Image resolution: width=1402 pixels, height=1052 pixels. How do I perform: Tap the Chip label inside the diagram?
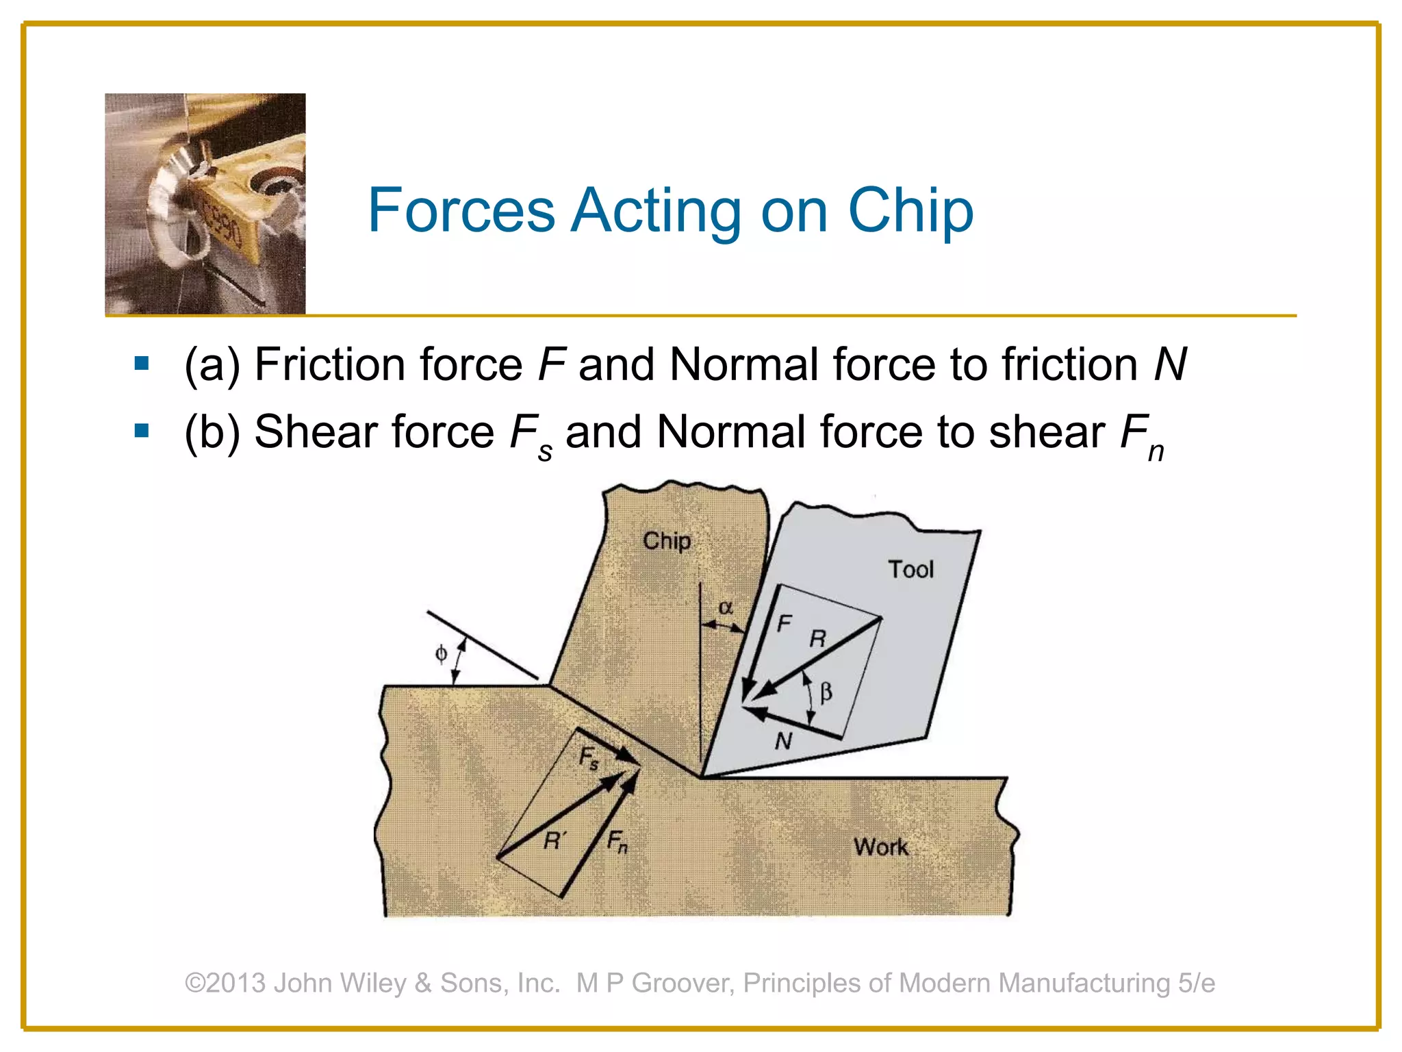click(666, 542)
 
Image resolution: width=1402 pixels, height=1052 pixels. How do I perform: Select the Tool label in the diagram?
click(910, 570)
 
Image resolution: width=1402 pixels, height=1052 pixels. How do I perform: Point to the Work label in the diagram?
click(880, 847)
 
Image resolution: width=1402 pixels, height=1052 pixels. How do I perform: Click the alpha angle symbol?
click(726, 608)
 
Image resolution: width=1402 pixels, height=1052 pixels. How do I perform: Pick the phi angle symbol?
click(442, 654)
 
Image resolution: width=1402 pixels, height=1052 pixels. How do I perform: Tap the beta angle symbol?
click(826, 692)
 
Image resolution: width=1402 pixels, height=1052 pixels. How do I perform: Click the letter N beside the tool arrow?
click(784, 741)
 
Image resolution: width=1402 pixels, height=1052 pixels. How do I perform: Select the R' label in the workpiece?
click(555, 840)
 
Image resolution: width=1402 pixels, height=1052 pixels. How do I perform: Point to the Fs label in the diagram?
click(589, 758)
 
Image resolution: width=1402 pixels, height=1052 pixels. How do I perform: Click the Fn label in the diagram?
click(617, 841)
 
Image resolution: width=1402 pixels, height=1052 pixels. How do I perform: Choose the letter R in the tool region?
click(817, 639)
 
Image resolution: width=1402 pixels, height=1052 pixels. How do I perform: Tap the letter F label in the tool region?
click(784, 623)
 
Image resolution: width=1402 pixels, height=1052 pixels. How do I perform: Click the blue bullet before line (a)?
click(142, 363)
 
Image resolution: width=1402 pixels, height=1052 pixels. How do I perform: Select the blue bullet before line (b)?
click(142, 431)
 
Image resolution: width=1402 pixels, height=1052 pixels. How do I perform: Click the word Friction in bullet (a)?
click(329, 364)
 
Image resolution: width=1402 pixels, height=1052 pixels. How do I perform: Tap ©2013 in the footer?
click(225, 983)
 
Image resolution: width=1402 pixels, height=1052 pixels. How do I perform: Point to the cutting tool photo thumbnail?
click(205, 204)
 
